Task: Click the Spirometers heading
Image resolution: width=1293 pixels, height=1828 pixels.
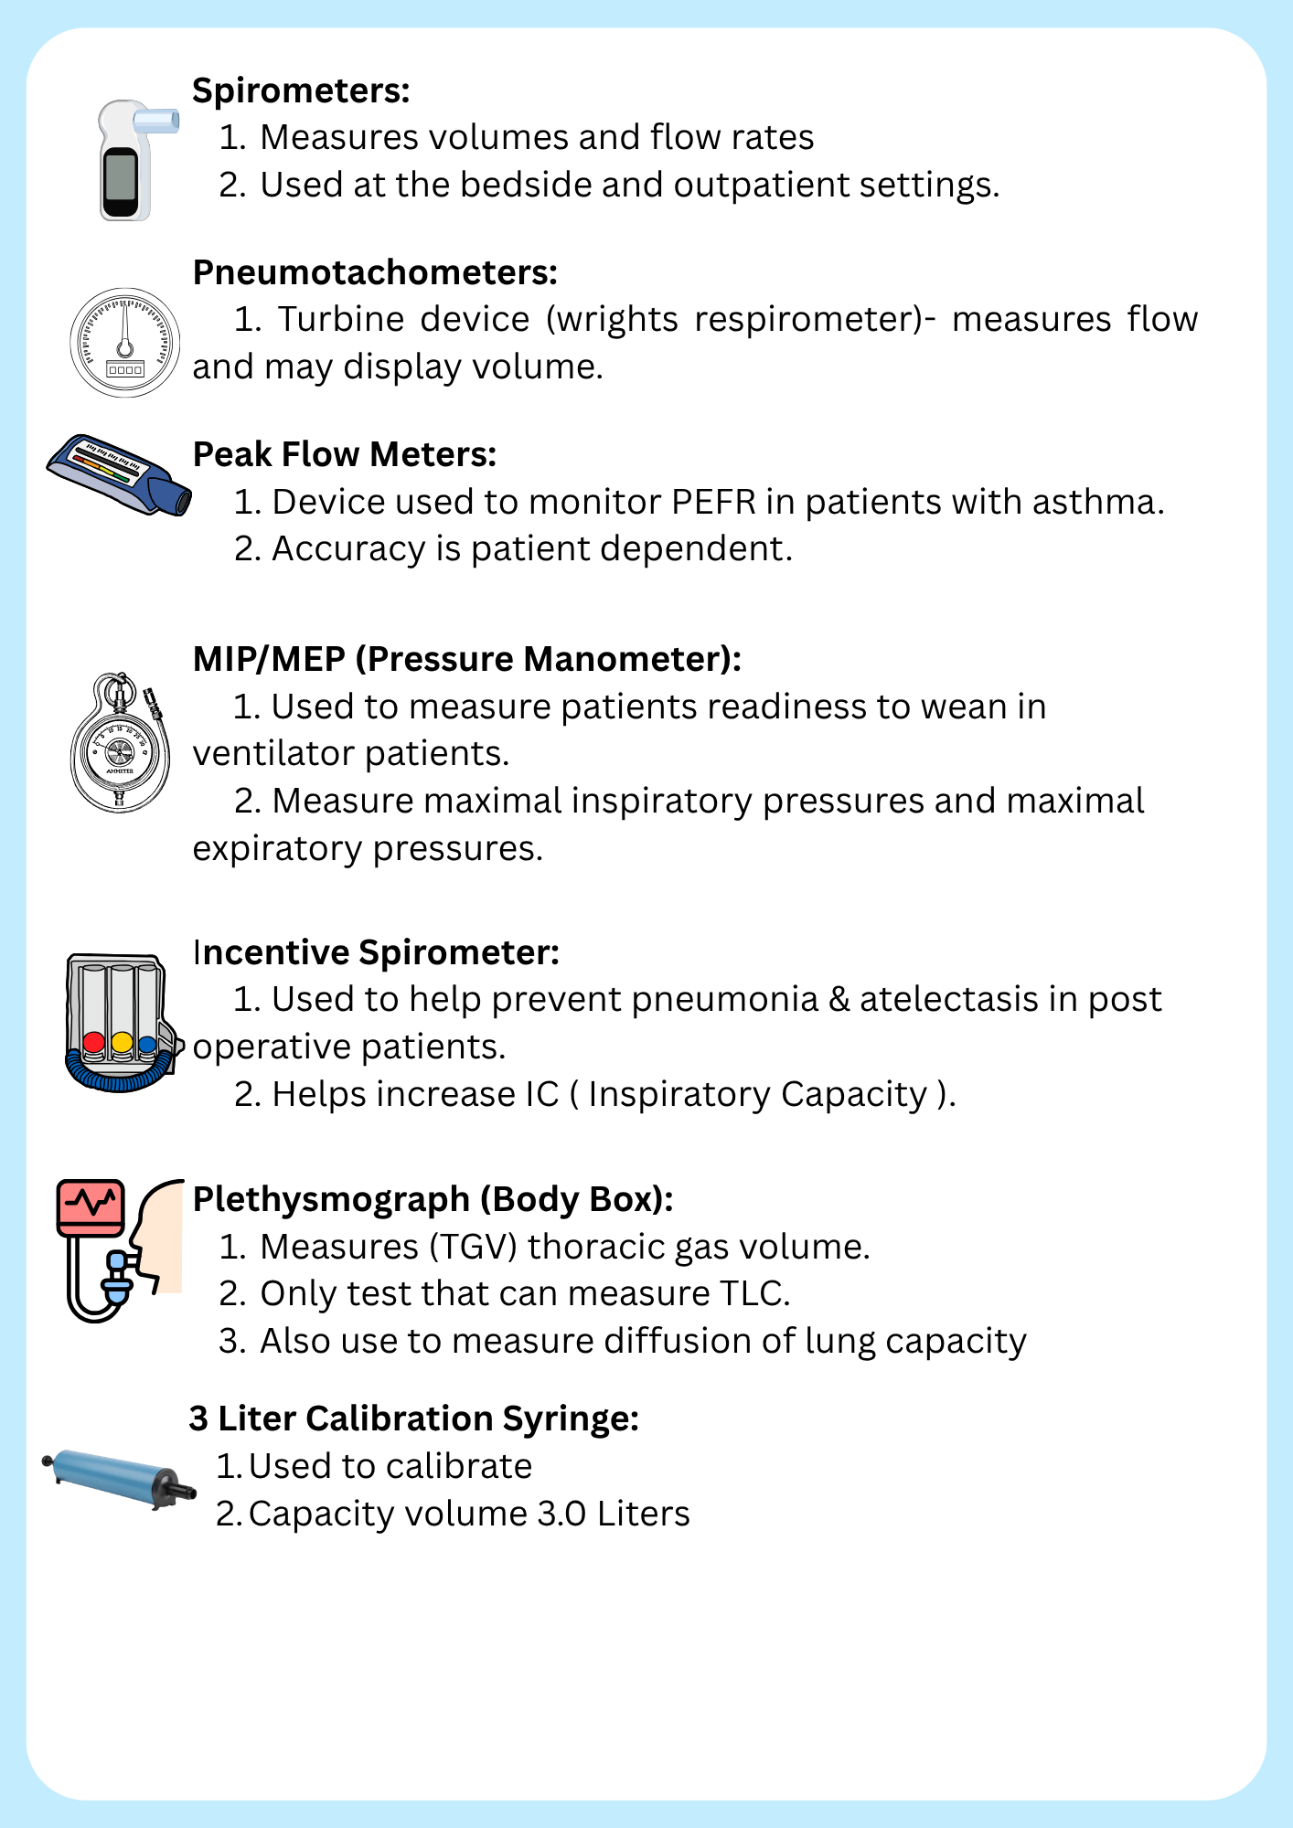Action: [x=301, y=90]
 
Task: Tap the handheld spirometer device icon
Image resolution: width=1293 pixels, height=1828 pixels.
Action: [x=128, y=161]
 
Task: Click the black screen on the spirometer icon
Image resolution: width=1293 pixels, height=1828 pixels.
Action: [x=120, y=181]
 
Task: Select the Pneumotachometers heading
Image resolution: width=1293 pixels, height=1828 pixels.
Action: [x=375, y=272]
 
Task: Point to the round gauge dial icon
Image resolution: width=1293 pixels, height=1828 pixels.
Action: [x=124, y=343]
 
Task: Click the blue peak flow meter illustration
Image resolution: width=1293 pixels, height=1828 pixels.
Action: [x=120, y=475]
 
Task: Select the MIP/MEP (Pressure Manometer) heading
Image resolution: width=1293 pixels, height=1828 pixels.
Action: [x=466, y=659]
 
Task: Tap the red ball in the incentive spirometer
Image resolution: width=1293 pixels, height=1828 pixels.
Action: [x=93, y=1042]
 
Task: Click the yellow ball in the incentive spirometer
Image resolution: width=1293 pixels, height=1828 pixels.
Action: [x=122, y=1042]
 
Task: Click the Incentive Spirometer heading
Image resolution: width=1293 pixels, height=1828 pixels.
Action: [x=376, y=952]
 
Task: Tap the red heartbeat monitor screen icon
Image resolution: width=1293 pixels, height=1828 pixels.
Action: [x=91, y=1204]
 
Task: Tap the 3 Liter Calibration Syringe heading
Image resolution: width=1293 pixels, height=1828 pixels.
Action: [x=413, y=1419]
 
